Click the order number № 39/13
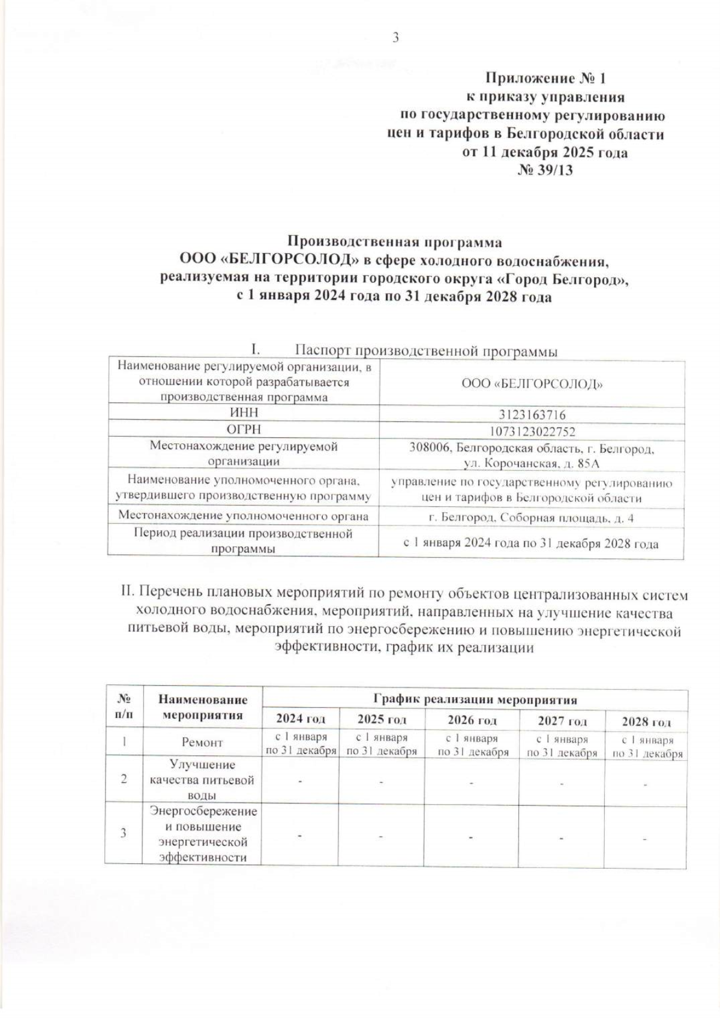coord(545,170)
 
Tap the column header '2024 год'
coord(301,719)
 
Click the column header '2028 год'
coord(646,722)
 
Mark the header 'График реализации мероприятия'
coord(475,699)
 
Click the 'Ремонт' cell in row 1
coord(203,743)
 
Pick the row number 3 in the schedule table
coord(124,833)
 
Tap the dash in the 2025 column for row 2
coord(381,782)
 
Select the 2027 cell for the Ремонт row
coord(562,746)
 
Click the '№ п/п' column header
coord(124,707)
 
